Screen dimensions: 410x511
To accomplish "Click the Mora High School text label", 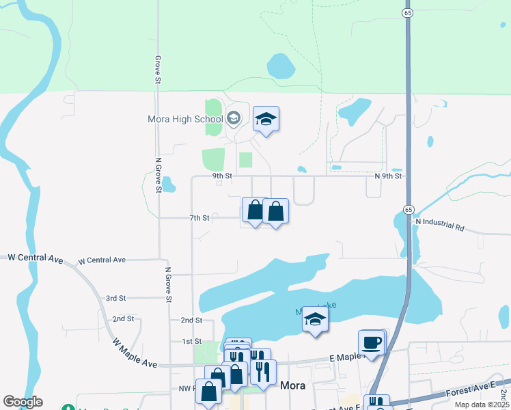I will click(185, 119).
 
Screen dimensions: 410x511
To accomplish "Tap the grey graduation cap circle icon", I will click(233, 119).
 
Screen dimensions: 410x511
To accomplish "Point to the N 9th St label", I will click(387, 176).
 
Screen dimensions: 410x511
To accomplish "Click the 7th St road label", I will click(199, 218).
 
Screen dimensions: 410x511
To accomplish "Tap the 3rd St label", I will click(116, 299).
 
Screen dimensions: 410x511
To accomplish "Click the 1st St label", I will click(192, 341).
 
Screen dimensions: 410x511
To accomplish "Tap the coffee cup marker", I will click(371, 343).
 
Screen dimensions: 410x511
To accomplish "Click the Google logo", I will click(23, 402).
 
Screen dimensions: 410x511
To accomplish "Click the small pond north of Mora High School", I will click(281, 66).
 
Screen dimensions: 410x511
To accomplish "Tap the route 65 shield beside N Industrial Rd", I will click(408, 208).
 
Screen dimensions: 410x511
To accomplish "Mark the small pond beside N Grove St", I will click(169, 184).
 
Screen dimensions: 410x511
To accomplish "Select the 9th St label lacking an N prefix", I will click(222, 176).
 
